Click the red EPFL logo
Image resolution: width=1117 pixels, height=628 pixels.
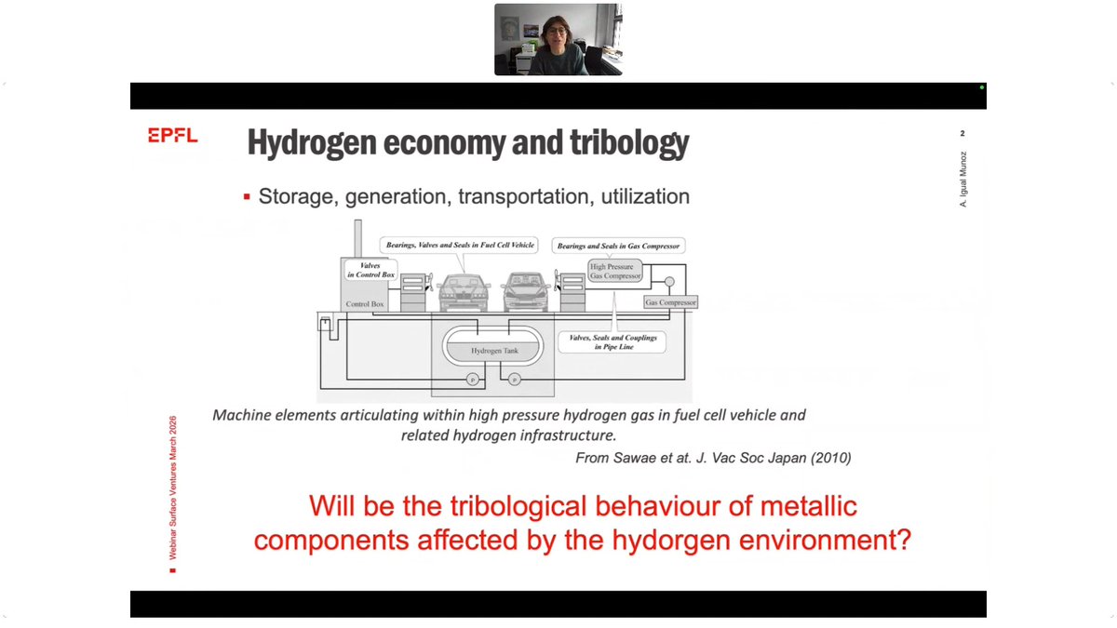pyautogui.click(x=172, y=137)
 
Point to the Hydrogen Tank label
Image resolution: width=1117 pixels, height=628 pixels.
pyautogui.click(x=494, y=351)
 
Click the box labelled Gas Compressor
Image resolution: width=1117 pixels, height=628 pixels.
pyautogui.click(x=670, y=302)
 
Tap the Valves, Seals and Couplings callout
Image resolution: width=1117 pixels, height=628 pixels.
pyautogui.click(x=612, y=342)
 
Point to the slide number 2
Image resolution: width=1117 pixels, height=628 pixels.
pyautogui.click(x=962, y=135)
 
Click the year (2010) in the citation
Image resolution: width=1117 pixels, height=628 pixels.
pyautogui.click(x=831, y=458)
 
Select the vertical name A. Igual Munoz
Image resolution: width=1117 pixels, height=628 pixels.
pyautogui.click(x=963, y=179)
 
